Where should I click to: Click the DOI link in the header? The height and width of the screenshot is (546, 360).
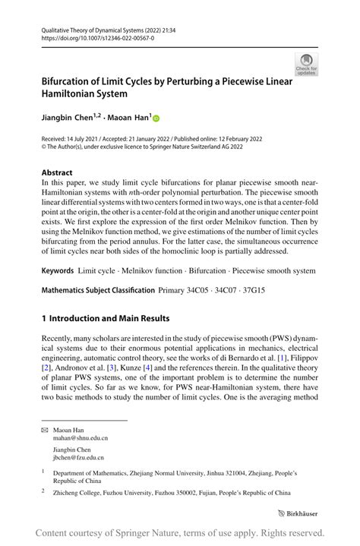coord(88,36)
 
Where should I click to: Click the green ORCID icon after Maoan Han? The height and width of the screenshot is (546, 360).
coord(157,118)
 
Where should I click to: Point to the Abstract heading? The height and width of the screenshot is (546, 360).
coord(58,172)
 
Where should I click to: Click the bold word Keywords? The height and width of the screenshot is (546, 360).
coord(59,270)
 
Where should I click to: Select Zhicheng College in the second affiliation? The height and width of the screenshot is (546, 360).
coord(80,493)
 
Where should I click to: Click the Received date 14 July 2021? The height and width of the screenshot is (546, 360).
coord(88,139)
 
